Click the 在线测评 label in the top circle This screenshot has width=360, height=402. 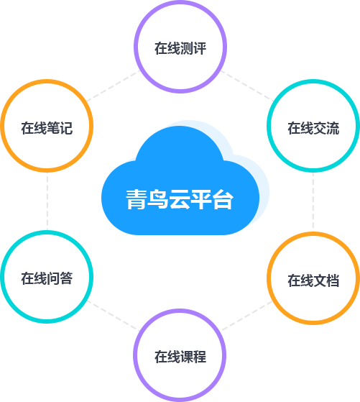click(x=180, y=48)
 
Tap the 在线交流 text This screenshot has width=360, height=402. click(x=313, y=128)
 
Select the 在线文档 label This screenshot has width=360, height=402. click(x=313, y=280)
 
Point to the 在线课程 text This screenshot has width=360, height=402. click(x=180, y=357)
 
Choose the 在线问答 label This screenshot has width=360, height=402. click(x=47, y=278)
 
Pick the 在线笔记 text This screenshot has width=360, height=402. click(x=47, y=128)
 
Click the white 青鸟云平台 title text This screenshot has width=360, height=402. click(x=180, y=199)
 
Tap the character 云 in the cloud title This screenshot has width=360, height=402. click(x=180, y=199)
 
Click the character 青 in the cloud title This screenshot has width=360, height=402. click(x=136, y=199)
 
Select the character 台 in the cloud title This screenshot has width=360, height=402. click(x=223, y=199)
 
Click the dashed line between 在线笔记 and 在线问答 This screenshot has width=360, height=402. click(x=47, y=201)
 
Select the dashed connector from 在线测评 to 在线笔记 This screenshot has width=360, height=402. click(x=113, y=86)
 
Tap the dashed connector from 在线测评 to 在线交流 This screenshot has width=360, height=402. click(x=247, y=86)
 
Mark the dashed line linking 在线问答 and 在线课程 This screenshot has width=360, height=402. click(x=113, y=316)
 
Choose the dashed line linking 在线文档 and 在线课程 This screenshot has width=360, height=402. click(x=247, y=316)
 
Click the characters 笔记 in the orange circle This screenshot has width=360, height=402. click(x=60, y=128)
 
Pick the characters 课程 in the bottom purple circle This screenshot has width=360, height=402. click(x=193, y=357)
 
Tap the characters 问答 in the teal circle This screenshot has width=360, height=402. click(x=60, y=278)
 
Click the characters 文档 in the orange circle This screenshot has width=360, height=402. click(x=326, y=280)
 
